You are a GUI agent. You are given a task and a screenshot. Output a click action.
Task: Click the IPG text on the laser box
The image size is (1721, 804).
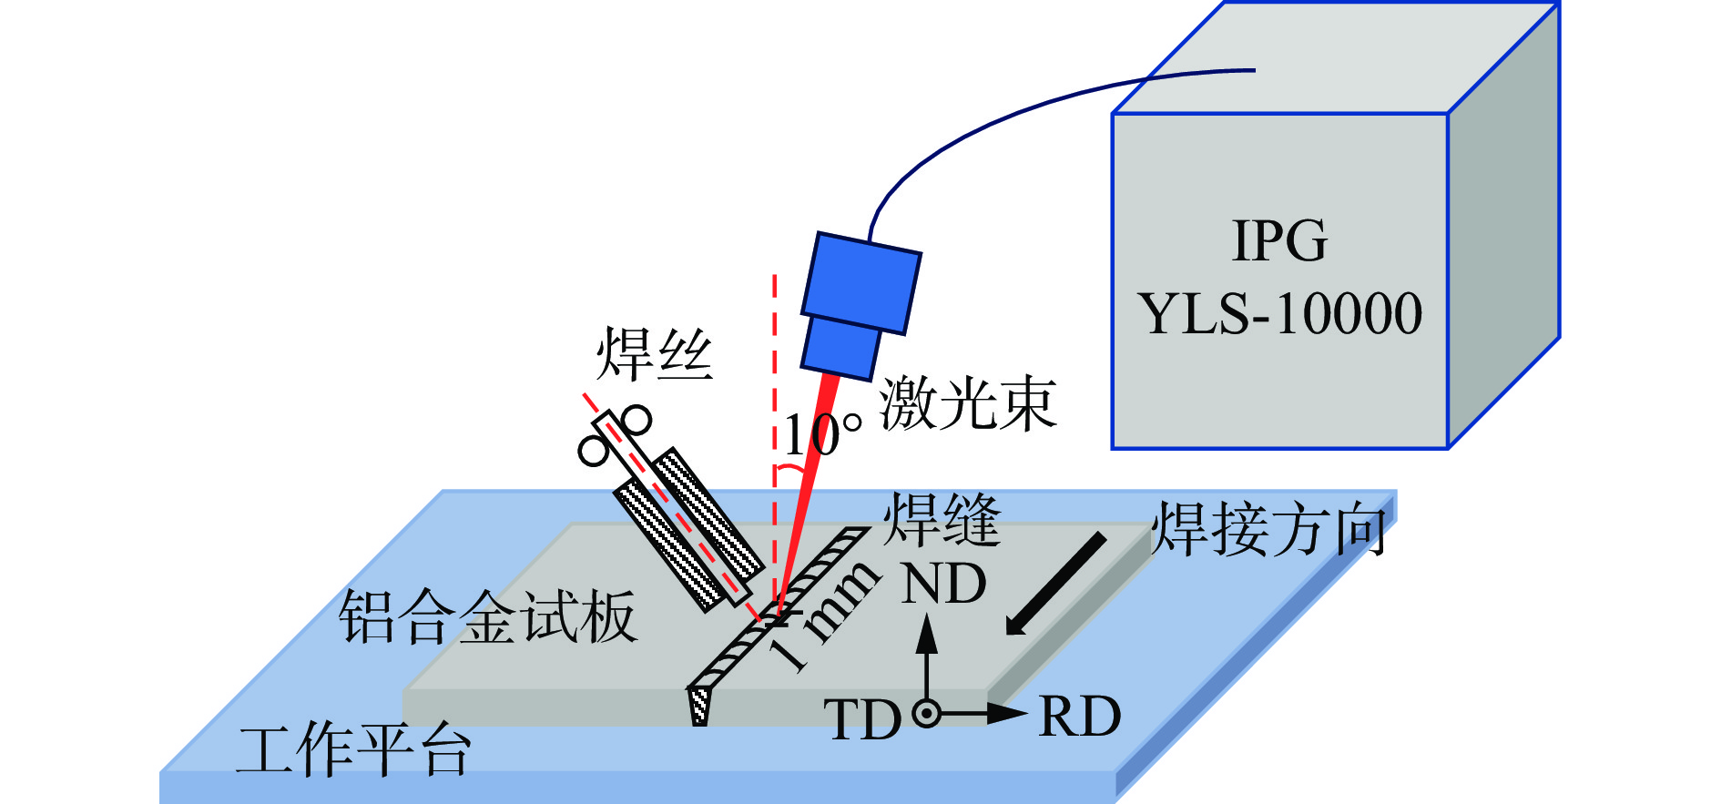(1279, 240)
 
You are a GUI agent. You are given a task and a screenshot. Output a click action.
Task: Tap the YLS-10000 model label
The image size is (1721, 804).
(1279, 314)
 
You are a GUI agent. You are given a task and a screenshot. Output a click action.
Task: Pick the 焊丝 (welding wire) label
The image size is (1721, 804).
(654, 355)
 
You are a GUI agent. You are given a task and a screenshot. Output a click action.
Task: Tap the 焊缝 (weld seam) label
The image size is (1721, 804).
(942, 521)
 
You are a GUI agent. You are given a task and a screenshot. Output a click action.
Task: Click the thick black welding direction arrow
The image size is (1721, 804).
(1056, 583)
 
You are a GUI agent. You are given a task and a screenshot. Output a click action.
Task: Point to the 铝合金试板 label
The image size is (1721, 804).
(488, 617)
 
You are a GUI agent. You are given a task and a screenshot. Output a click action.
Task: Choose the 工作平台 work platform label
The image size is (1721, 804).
(353, 750)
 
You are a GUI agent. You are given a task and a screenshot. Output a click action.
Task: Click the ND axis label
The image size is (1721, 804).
(943, 584)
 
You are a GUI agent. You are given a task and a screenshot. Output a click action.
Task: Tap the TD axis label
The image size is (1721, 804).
(861, 720)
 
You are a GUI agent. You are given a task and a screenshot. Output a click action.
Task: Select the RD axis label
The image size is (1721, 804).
(1080, 717)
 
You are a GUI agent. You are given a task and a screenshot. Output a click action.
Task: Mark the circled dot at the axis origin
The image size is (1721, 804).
(927, 713)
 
